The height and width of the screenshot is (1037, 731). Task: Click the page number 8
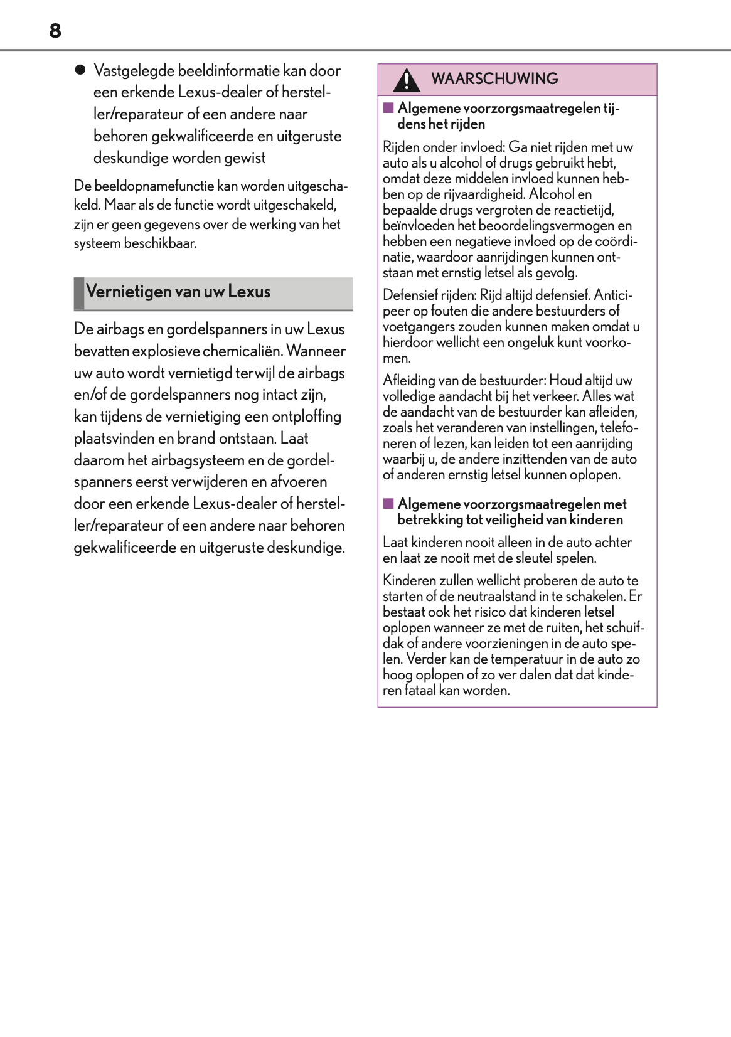[55, 31]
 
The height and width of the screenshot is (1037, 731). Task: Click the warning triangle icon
[407, 80]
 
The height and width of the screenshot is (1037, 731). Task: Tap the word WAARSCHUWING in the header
[494, 79]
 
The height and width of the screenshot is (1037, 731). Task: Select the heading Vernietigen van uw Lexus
[178, 292]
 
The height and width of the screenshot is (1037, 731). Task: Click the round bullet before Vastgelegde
[80, 70]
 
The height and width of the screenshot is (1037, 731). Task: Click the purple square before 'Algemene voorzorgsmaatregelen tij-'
[388, 108]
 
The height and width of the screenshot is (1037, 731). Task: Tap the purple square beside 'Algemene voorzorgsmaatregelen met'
[388, 504]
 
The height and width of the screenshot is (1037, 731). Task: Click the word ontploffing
[306, 417]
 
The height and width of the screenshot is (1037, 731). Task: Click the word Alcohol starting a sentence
[552, 194]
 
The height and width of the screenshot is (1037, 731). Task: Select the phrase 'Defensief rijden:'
[430, 295]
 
